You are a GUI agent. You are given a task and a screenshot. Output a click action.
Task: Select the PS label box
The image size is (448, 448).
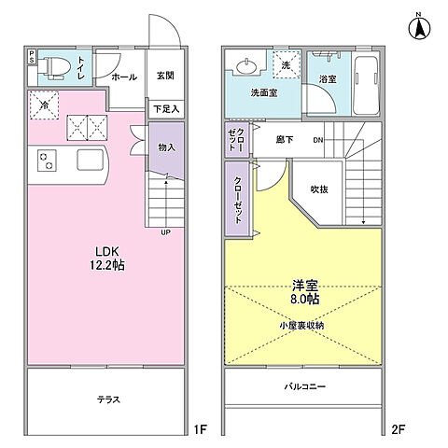[x=33, y=58]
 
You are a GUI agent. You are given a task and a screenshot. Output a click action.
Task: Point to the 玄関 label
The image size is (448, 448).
[x=164, y=77]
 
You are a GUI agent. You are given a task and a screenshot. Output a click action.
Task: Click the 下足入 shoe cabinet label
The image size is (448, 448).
[x=164, y=109]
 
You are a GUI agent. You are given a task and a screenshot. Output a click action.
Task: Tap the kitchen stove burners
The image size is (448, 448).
[x=45, y=161]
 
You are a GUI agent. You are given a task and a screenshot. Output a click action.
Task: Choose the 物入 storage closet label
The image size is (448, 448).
[x=165, y=147]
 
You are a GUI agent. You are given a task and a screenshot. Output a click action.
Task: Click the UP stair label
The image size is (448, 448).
[x=165, y=232]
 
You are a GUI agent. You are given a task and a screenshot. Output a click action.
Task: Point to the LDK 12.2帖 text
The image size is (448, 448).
[x=105, y=259]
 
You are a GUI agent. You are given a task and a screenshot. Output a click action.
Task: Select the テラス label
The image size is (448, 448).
[x=107, y=399]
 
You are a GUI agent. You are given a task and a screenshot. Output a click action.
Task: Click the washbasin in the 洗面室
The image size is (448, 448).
[x=246, y=66]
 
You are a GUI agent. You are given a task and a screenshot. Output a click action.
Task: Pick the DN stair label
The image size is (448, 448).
[x=317, y=141]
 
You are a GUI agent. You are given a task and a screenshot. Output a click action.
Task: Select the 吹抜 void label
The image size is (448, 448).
[x=319, y=189]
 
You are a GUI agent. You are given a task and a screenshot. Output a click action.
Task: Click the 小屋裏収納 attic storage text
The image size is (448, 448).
[x=301, y=325]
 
